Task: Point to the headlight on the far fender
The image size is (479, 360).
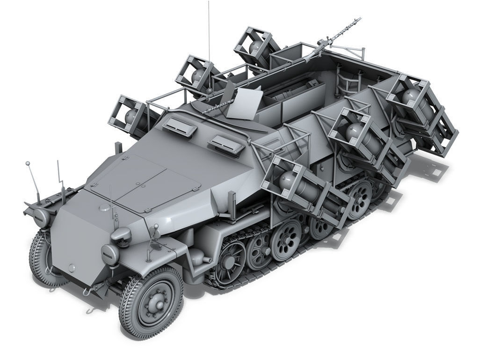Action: (41, 217)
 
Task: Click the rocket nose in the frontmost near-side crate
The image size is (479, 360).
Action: (287, 180)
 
